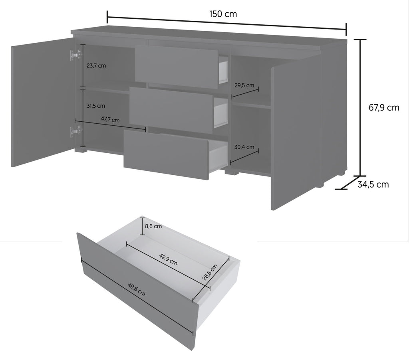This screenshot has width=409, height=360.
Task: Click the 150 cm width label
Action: [x=223, y=14]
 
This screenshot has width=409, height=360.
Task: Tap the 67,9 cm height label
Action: [x=384, y=107]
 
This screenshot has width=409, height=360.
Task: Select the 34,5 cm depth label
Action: [x=373, y=184]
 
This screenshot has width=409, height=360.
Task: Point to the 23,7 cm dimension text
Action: [x=96, y=66]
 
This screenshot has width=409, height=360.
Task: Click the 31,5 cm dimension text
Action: [x=96, y=106]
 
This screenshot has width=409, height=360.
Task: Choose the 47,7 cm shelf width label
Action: [x=110, y=120]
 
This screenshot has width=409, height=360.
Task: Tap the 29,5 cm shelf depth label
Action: [x=244, y=85]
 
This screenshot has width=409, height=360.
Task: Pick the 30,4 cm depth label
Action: [x=244, y=147]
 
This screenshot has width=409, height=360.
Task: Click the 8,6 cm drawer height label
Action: [x=153, y=226]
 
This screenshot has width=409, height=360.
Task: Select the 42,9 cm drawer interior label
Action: [x=168, y=259]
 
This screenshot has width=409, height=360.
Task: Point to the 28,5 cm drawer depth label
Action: [x=210, y=272]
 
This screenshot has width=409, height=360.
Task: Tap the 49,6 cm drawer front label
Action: [x=137, y=289]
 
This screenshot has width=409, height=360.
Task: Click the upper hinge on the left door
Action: [x=75, y=55]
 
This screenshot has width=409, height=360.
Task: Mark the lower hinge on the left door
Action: [x=75, y=131]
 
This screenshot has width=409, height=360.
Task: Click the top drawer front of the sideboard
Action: [x=176, y=67]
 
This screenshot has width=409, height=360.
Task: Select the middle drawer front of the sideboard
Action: [x=171, y=110]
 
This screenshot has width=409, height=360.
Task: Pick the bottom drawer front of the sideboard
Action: [x=166, y=154]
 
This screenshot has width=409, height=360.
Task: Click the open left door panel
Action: [x=43, y=102]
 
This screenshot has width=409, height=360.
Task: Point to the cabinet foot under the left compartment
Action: [x=80, y=150]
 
